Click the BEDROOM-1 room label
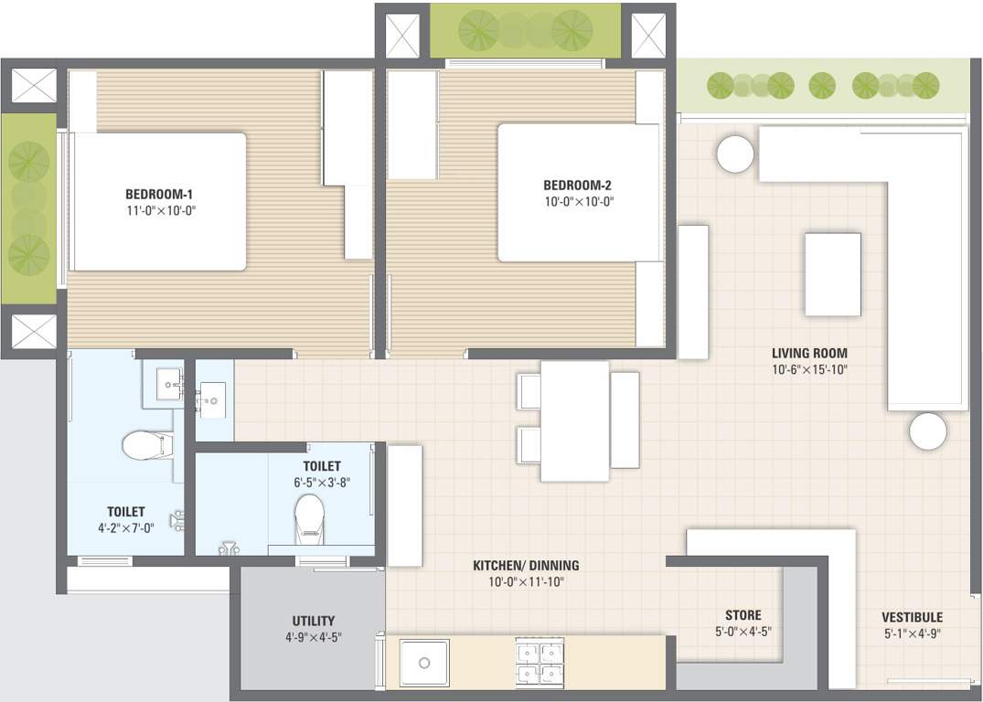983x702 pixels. coord(159,194)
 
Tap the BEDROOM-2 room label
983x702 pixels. coord(577,186)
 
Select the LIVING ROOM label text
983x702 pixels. coord(808,353)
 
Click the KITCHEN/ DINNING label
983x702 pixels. coord(525,566)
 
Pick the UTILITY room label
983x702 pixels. coord(313,621)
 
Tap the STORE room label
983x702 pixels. coord(743,615)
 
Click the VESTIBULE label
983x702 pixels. coord(911,617)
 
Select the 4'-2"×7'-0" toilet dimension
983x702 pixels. coord(125,528)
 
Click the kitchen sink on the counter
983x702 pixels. coord(423,662)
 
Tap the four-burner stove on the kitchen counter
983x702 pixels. coord(540,662)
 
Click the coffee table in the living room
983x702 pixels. coord(832,274)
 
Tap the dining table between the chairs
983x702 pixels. coord(574,420)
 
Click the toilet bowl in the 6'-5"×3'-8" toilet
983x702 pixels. coord(309,517)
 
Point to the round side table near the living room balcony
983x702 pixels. coord(735,154)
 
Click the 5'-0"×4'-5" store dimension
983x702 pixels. coord(743,631)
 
